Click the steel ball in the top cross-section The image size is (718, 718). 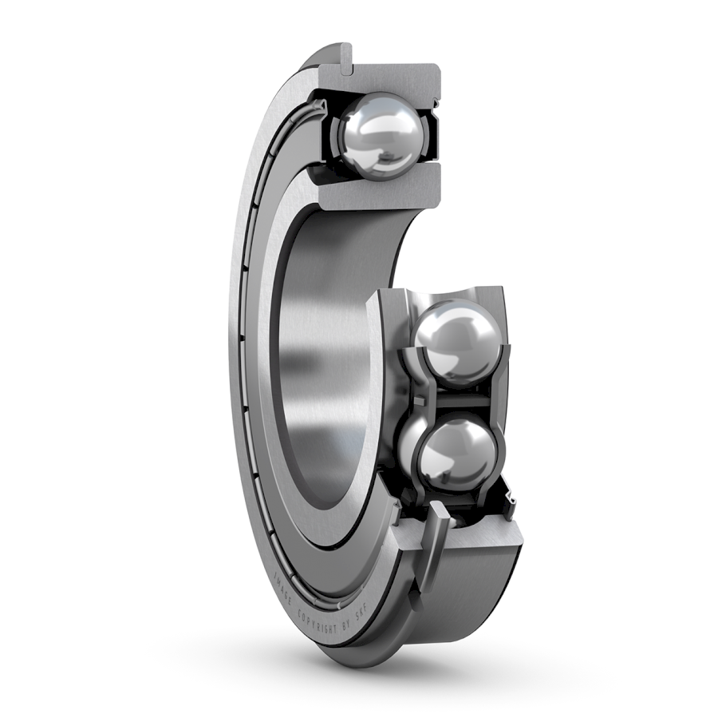[380, 135]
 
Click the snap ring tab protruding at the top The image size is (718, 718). [344, 58]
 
